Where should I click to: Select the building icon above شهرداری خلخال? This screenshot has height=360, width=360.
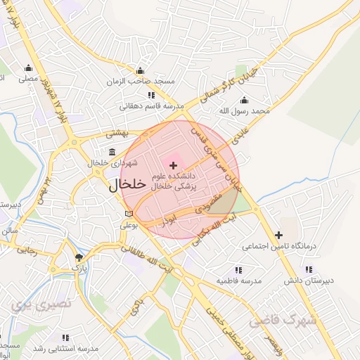click(x=112, y=153)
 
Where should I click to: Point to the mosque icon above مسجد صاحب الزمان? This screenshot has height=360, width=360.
click(x=141, y=70)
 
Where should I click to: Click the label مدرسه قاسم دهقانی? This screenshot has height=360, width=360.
click(x=151, y=107)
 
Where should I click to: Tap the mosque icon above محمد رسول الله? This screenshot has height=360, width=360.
click(x=263, y=100)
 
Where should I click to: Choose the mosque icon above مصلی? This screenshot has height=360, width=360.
click(x=28, y=68)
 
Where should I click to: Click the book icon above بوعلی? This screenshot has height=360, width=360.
click(x=128, y=214)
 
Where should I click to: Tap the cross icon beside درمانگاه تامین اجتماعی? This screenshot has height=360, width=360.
click(x=278, y=235)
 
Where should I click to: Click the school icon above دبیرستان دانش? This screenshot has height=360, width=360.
click(x=308, y=269)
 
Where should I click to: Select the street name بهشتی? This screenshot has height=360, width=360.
click(x=115, y=131)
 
